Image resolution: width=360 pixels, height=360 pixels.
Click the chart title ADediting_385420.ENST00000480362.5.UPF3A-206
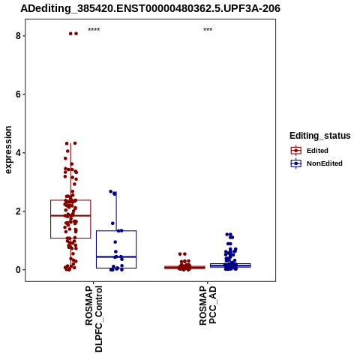[x=150, y=9]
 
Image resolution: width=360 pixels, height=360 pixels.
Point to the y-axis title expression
[x=8, y=150]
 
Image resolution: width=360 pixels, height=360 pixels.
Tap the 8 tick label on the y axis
[x=18, y=36]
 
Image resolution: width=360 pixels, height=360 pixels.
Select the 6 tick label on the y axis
[x=18, y=94]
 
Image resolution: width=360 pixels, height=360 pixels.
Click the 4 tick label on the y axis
[x=18, y=153]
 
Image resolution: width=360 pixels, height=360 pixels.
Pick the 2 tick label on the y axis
[x=18, y=211]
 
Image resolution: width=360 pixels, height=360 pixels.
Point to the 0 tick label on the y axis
[x=18, y=270]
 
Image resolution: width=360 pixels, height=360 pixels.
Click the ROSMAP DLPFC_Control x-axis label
[x=94, y=319]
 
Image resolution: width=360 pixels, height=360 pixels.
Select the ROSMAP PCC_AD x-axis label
[x=208, y=305]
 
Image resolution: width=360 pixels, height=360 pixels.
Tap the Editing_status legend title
[x=320, y=136]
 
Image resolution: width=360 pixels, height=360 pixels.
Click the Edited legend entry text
[x=317, y=151]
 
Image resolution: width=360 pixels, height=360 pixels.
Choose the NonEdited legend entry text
[x=325, y=163]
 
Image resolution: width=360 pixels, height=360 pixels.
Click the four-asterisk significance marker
[x=94, y=30]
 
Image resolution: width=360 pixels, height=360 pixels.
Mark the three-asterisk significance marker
[x=208, y=30]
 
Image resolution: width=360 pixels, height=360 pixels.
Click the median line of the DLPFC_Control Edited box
[x=70, y=215]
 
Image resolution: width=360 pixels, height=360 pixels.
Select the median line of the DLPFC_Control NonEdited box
[x=116, y=256]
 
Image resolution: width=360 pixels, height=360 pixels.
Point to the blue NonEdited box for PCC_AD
[x=230, y=265]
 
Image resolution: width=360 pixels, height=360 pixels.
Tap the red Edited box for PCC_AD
[x=184, y=267]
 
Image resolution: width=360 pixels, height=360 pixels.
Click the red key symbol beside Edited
[x=296, y=151]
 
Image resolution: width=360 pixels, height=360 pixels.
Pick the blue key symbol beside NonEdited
[x=296, y=163]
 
